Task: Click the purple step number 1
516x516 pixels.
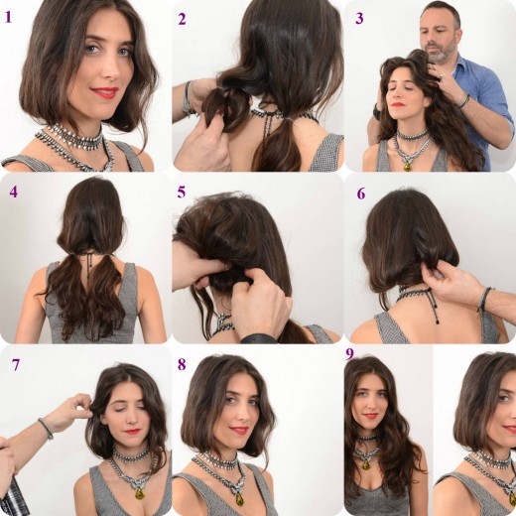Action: coord(8,17)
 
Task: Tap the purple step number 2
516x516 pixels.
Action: coord(182,19)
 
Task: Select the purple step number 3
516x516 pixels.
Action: coord(359,19)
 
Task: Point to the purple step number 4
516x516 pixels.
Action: coord(13,192)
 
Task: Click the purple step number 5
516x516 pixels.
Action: coord(182,193)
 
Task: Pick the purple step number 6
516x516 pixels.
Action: coord(361,193)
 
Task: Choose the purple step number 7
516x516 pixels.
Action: coord(16,365)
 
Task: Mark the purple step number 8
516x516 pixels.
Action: coord(182,364)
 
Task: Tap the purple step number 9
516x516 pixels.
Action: coord(349,354)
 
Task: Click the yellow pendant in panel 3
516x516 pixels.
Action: coord(408,166)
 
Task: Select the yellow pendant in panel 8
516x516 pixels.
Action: coord(239,497)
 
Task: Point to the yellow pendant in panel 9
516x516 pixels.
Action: coord(366,464)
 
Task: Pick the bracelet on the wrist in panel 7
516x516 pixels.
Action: coord(46,428)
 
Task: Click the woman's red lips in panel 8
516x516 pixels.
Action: coord(238,431)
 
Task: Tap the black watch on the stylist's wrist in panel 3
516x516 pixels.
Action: coord(377,112)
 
